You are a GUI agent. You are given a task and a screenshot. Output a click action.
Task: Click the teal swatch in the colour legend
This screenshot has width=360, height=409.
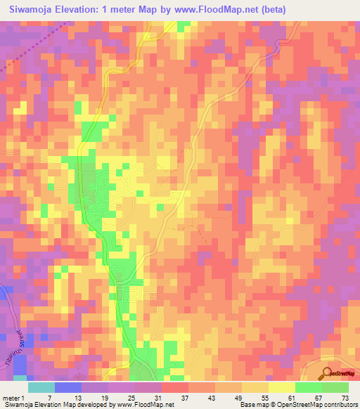41,387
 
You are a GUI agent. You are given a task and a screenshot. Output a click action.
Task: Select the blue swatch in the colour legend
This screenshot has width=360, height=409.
68,387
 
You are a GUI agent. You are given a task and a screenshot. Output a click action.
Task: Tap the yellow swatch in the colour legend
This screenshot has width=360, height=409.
282,387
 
